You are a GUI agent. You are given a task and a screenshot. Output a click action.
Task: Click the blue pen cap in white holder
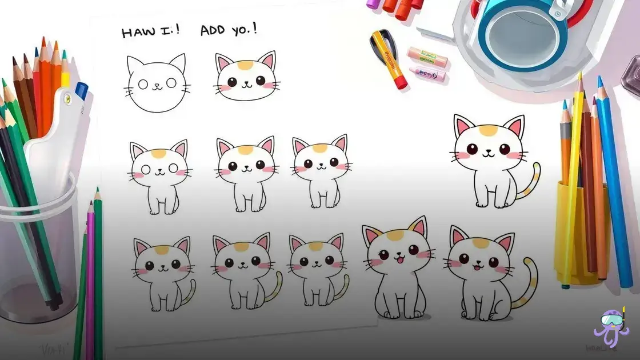81,90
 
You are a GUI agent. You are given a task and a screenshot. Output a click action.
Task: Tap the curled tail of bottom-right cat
528,286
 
